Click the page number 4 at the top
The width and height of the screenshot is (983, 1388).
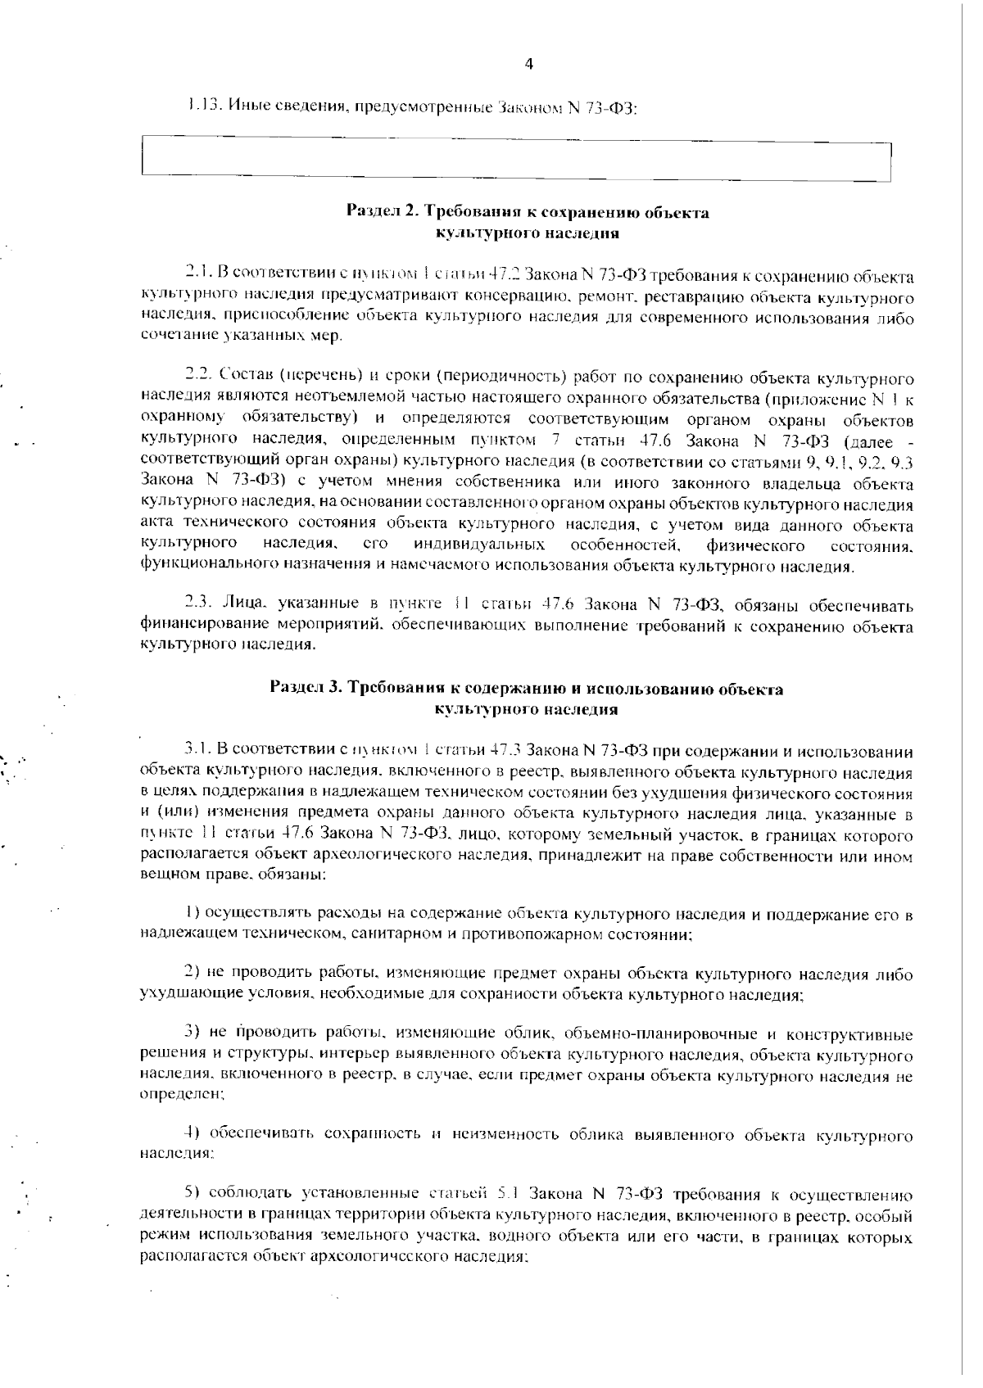pyautogui.click(x=528, y=65)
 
